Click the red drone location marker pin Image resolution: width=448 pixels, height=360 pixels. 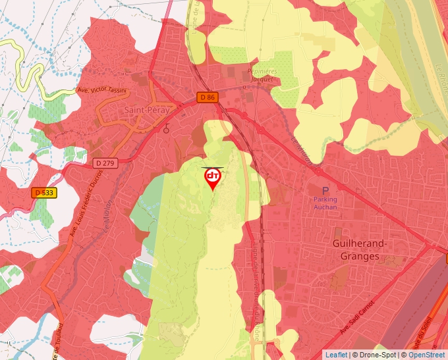[213, 178]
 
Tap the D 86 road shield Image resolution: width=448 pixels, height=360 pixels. [207, 97]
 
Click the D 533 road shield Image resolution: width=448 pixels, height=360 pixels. [44, 193]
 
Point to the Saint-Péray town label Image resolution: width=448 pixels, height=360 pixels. [147, 111]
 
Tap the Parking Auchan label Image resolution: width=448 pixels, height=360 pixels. [325, 203]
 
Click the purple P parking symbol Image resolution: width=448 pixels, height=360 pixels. [325, 190]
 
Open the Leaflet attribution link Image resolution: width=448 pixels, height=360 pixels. [336, 355]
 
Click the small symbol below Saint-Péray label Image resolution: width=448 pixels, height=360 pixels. [167, 128]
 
